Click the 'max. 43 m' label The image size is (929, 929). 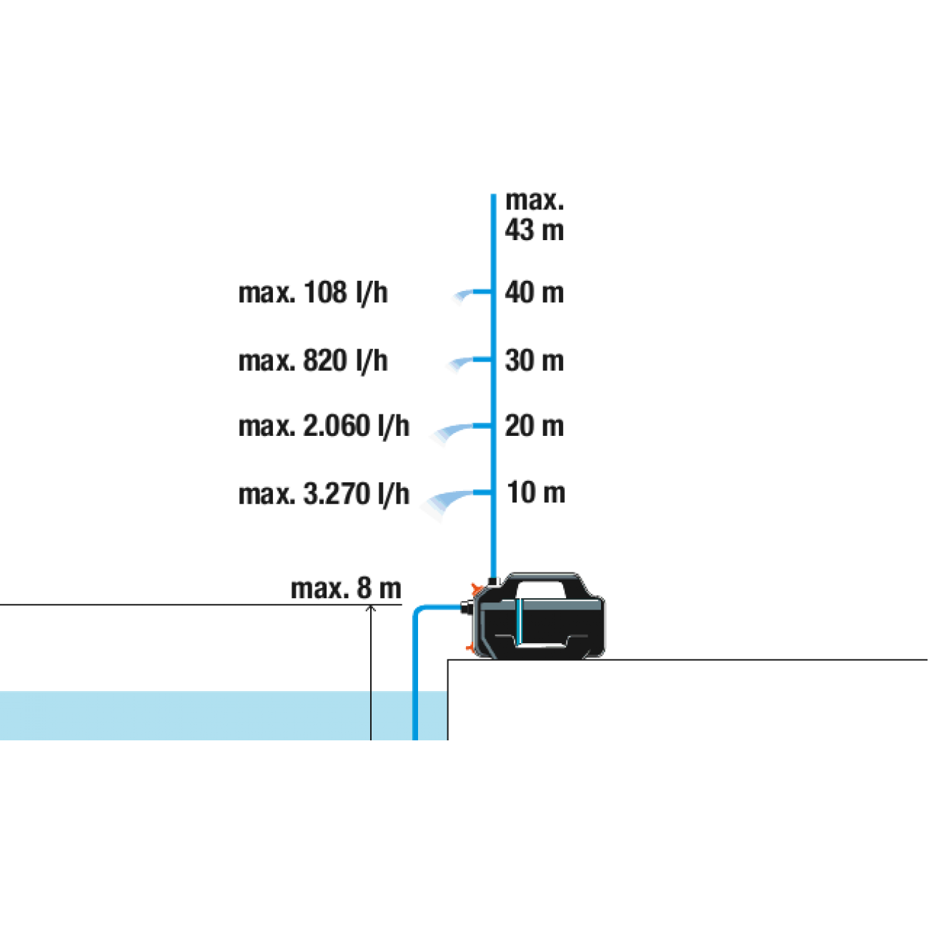pos(534,216)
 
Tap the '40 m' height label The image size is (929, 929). pos(534,292)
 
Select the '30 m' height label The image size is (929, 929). pos(534,360)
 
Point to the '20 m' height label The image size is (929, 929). pos(534,426)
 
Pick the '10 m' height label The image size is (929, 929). pos(536,492)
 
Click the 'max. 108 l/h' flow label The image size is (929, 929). pos(313,292)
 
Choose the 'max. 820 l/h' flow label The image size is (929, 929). pos(313,361)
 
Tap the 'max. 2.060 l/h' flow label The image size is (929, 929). pos(324,426)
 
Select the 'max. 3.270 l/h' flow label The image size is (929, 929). pos(324,494)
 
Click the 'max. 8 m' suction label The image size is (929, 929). pos(346,589)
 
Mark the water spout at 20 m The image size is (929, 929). pos(458,430)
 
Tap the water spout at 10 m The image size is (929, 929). pos(453,499)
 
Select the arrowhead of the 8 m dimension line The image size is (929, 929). pos(370,608)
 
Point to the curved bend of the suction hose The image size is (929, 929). pos(417,611)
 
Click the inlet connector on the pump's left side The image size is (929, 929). pos(466,607)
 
